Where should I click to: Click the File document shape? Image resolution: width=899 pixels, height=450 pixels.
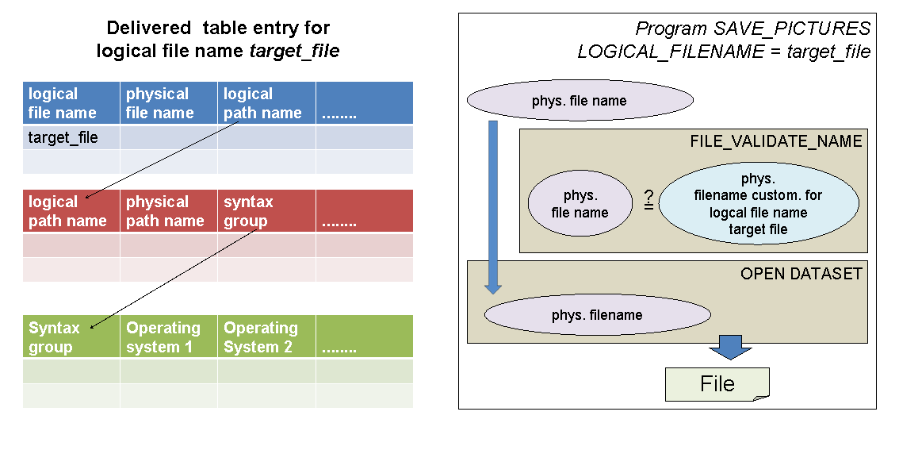coord(717,384)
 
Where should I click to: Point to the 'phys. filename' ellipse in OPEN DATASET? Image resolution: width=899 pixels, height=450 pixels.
coord(597,315)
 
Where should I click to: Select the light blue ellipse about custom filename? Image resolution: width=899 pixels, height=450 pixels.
coord(758,204)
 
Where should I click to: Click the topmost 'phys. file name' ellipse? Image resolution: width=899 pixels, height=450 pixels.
coord(580,101)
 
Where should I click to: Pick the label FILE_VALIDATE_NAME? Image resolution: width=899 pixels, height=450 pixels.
coord(775,141)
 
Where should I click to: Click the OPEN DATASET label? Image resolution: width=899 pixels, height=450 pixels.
coord(801,274)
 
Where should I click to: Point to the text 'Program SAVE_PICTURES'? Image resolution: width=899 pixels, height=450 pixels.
coord(752,29)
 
